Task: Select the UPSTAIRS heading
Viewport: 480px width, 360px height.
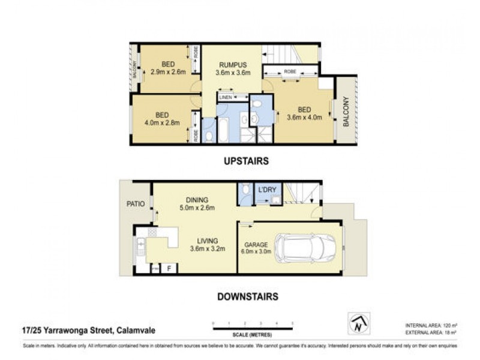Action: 245,161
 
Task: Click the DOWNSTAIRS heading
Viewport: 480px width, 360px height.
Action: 248,296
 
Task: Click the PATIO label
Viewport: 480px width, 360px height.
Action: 136,204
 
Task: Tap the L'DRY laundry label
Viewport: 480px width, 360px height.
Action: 267,190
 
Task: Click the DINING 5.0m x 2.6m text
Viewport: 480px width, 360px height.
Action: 197,204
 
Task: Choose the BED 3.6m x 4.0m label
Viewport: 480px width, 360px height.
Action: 305,113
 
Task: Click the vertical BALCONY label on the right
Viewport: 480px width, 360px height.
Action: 346,112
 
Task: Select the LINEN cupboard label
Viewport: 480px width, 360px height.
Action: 226,97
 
